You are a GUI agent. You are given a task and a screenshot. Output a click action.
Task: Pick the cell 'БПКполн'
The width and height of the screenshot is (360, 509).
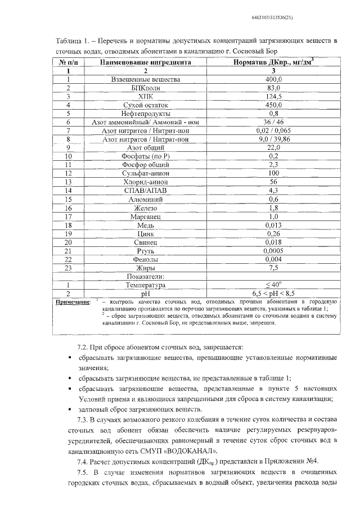pyautogui.click(x=146, y=88)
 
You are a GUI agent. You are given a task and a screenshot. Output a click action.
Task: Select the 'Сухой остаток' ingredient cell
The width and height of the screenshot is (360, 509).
pyautogui.click(x=146, y=105)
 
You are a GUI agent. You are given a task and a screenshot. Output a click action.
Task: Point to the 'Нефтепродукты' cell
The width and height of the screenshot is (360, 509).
pyautogui.click(x=146, y=113)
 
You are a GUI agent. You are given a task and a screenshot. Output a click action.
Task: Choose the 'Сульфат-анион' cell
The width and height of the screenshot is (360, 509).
pyautogui.click(x=146, y=174)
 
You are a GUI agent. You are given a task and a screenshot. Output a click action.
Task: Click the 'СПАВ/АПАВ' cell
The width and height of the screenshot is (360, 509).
pyautogui.click(x=146, y=191)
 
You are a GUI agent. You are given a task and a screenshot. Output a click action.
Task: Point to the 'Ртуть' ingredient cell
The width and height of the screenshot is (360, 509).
pyautogui.click(x=146, y=251)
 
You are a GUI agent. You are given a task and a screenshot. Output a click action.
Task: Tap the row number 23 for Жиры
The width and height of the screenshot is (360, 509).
pyautogui.click(x=68, y=268)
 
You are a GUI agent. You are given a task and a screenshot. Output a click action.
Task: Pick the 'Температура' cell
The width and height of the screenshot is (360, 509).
pyautogui.click(x=146, y=285)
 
